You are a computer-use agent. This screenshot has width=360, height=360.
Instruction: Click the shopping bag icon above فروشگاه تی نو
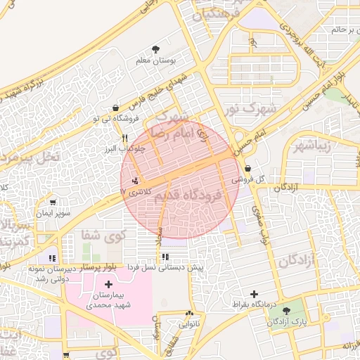[115, 108]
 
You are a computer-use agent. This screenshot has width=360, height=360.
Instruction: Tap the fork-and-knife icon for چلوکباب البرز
[124, 138]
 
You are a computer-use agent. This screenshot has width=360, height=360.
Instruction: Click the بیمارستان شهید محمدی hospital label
[108, 301]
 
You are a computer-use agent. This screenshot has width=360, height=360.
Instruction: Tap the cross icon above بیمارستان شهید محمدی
[108, 283]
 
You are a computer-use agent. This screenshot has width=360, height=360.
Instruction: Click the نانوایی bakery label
[190, 325]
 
